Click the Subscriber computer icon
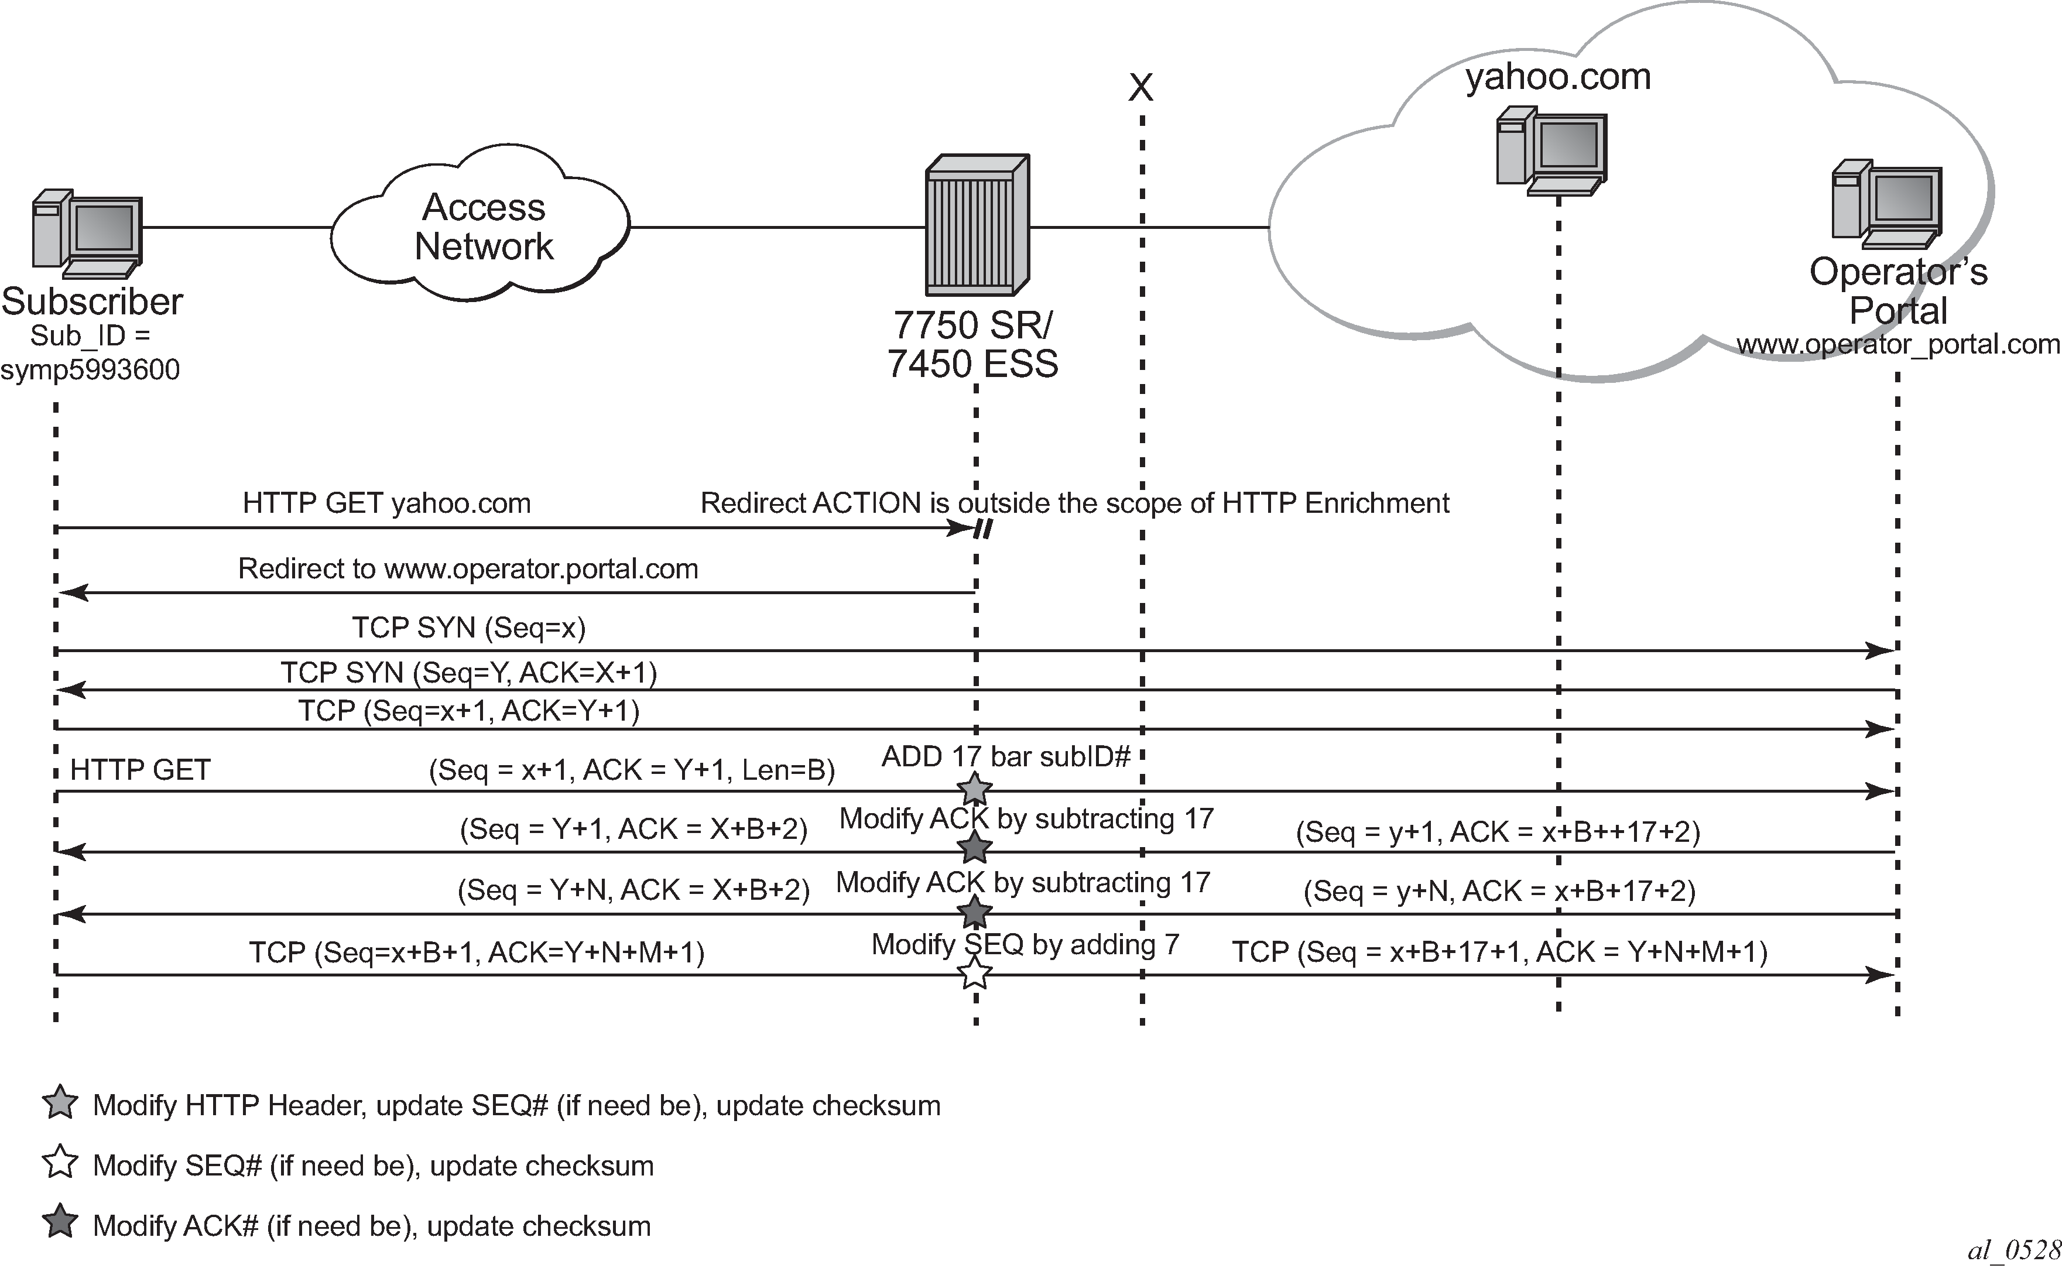pyautogui.click(x=87, y=234)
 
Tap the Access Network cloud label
pyautogui.click(x=483, y=227)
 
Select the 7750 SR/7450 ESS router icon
pyautogui.click(x=977, y=225)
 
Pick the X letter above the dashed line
pyautogui.click(x=1140, y=87)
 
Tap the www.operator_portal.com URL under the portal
pyautogui.click(x=1897, y=344)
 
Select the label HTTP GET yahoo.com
pyautogui.click(x=386, y=503)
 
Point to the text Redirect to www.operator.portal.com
pyautogui.click(x=468, y=568)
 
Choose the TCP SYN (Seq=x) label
pyautogui.click(x=468, y=628)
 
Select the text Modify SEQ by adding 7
pyautogui.click(x=1025, y=945)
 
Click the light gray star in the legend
pyautogui.click(x=60, y=1103)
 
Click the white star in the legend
pyautogui.click(x=60, y=1164)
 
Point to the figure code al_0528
pyautogui.click(x=2012, y=1250)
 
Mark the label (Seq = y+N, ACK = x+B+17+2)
pyautogui.click(x=1499, y=890)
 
